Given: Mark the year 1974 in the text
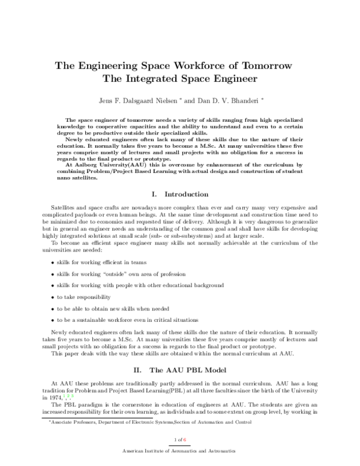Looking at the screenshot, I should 56,398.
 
